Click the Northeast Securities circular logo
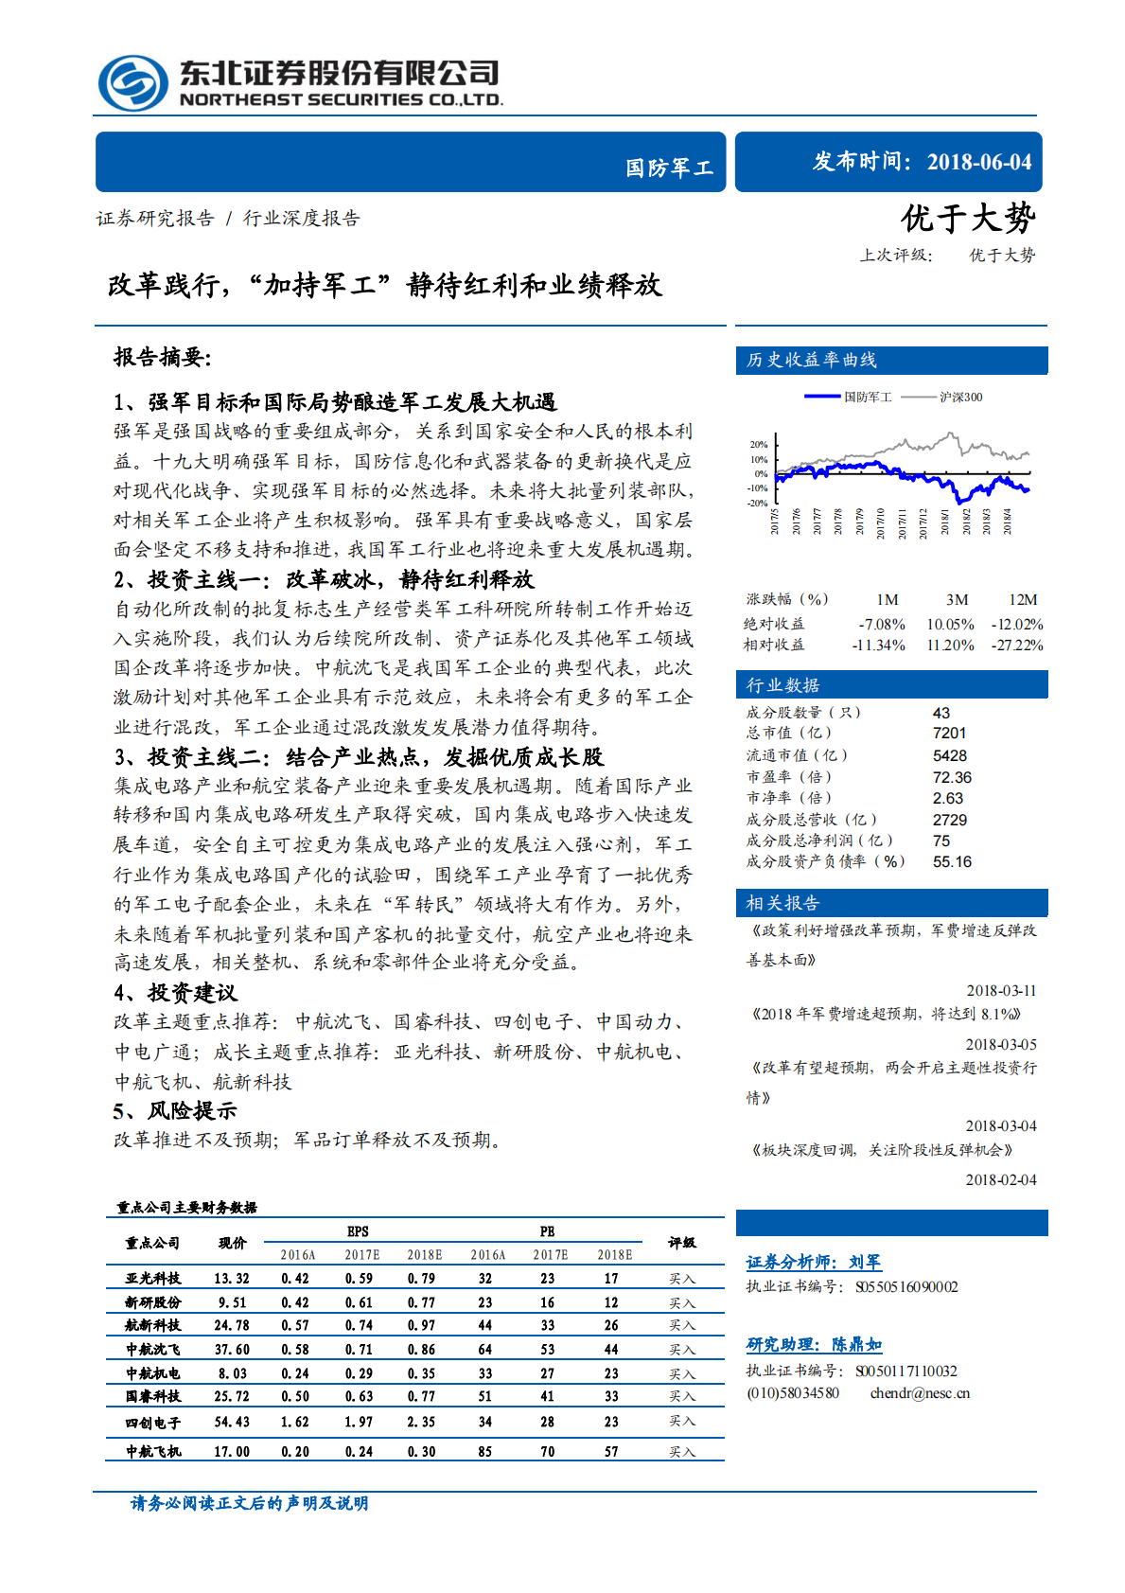[x=133, y=83]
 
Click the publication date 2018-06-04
[x=978, y=162]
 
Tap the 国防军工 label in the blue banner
[x=668, y=168]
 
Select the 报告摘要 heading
[x=162, y=357]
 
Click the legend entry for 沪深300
[x=959, y=398]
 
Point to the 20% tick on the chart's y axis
[x=759, y=444]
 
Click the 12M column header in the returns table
[x=1022, y=600]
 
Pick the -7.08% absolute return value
[x=882, y=625]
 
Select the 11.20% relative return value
[x=949, y=646]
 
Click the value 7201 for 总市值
[x=949, y=734]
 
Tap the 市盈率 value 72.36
[x=952, y=777]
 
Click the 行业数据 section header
[x=782, y=685]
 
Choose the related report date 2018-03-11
[x=1001, y=991]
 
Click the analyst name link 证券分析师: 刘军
[x=813, y=1262]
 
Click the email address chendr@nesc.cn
[x=920, y=1393]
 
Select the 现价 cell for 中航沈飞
[x=232, y=1350]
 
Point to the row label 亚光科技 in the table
[x=153, y=1279]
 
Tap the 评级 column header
[x=681, y=1243]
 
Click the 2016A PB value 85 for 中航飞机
[x=484, y=1451]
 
